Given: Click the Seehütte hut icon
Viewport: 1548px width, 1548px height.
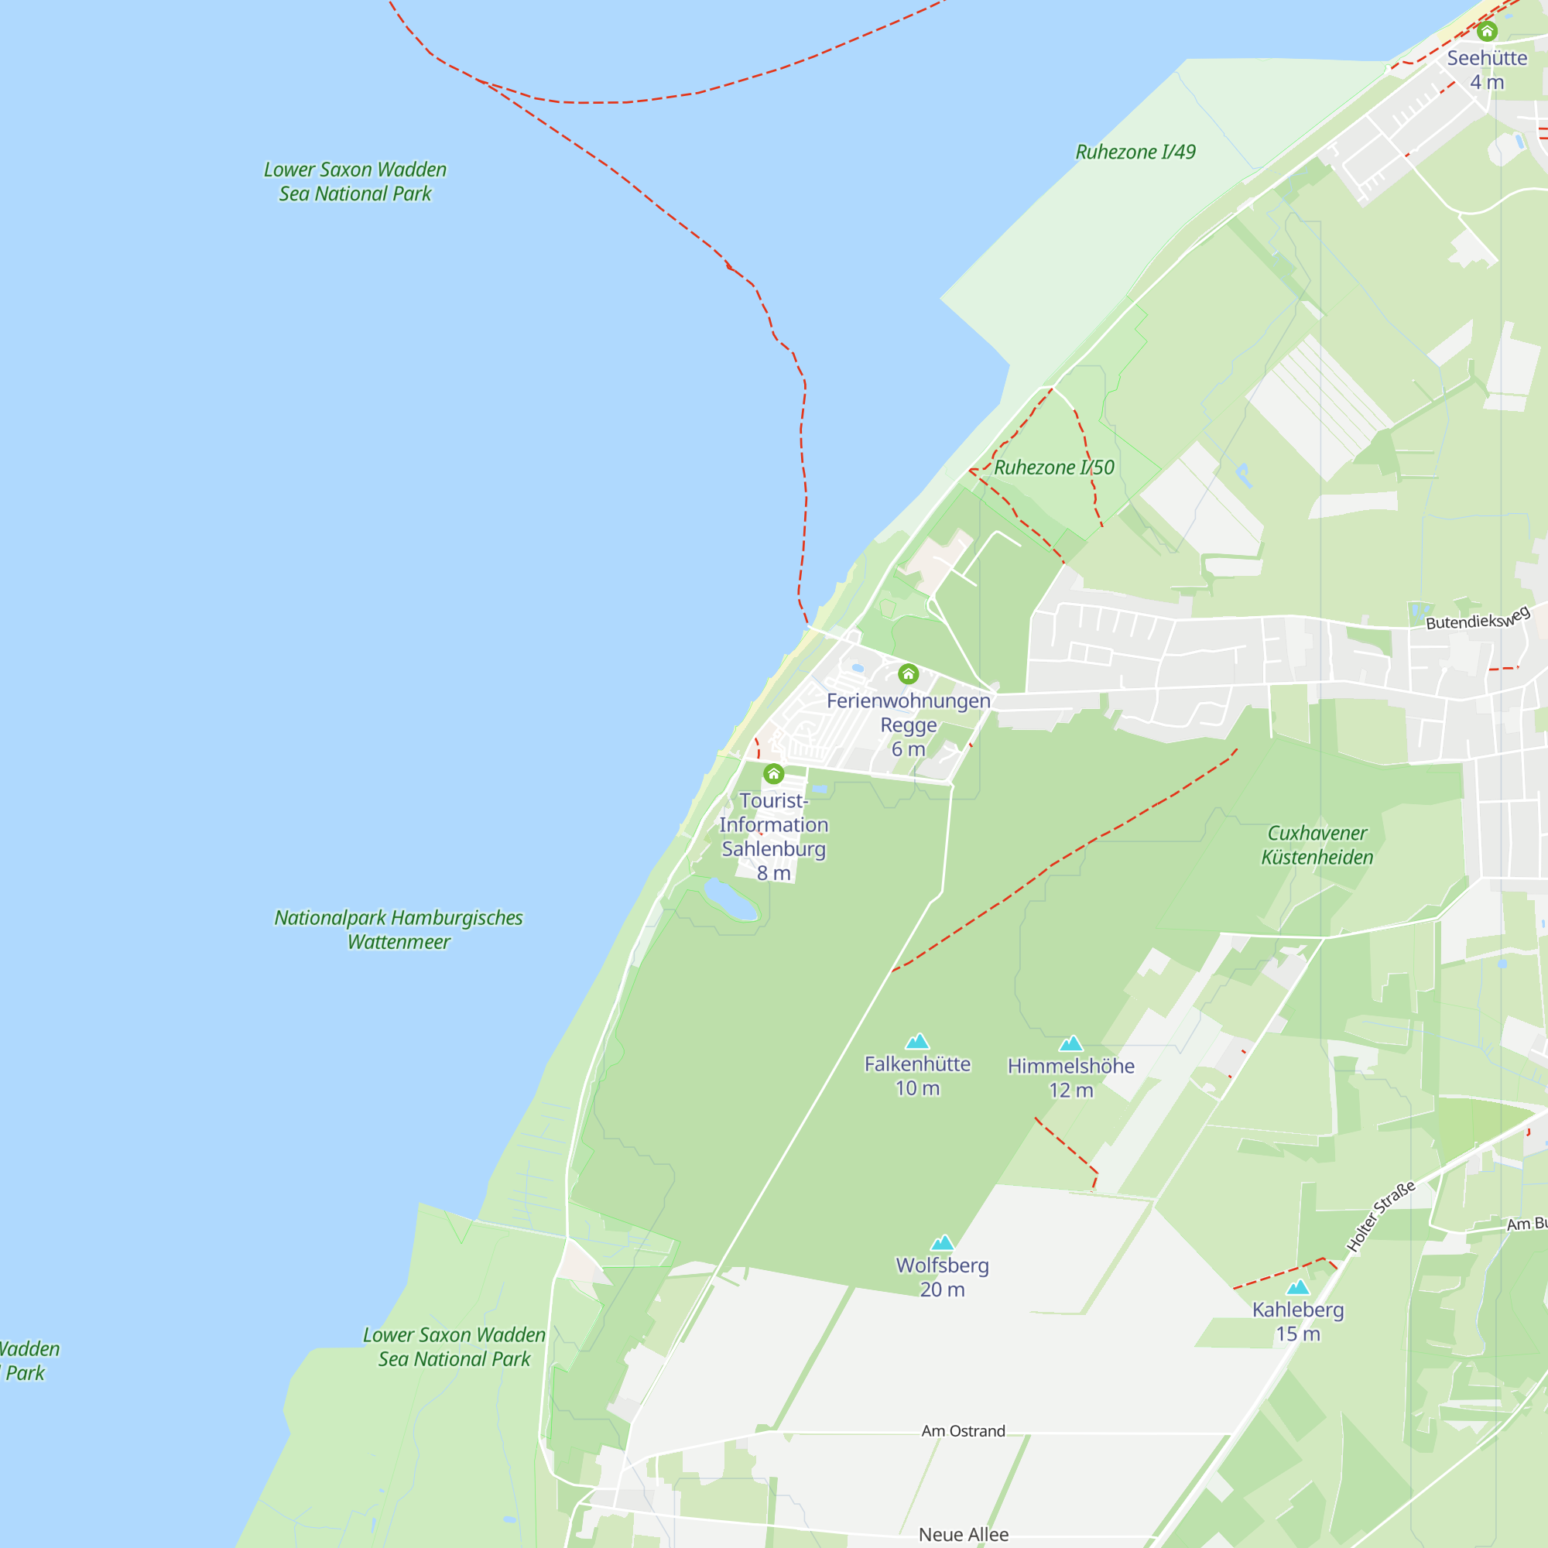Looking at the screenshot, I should point(1487,31).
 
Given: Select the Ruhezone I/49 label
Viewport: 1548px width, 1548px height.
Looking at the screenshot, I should point(1135,152).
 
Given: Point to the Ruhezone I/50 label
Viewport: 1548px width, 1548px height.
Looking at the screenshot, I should point(1053,468).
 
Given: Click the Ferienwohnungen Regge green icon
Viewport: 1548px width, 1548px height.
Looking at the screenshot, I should point(908,674).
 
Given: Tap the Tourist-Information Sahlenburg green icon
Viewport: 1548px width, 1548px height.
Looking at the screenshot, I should point(773,774).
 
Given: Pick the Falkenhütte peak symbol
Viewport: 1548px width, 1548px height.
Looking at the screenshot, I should point(917,1042).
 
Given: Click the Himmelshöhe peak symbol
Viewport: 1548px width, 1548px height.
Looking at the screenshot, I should point(1071,1043).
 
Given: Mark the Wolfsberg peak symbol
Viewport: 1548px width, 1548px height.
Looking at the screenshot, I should point(942,1243).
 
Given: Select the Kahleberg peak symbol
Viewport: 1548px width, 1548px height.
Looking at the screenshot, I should point(1298,1287).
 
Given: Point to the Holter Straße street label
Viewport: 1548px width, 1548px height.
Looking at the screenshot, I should point(1381,1216).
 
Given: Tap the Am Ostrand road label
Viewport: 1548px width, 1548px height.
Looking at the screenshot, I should point(963,1431).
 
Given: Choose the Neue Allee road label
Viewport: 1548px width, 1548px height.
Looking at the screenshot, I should point(963,1534).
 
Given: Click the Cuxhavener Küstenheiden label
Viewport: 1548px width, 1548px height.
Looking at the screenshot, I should point(1317,845).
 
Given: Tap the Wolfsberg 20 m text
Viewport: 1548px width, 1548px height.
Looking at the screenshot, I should point(942,1277).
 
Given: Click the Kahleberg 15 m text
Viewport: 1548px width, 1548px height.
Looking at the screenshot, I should point(1298,1321).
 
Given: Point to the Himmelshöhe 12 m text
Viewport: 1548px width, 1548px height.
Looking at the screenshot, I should point(1071,1077).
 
